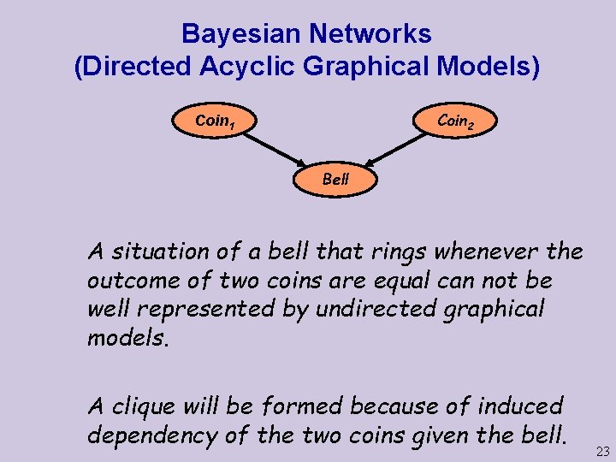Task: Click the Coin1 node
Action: (215, 121)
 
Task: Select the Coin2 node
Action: (453, 121)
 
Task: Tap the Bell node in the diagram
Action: (335, 179)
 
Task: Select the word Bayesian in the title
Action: (241, 34)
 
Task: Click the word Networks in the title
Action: (370, 34)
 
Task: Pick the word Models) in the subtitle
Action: (490, 66)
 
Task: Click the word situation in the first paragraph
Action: (160, 252)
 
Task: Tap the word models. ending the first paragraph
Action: (128, 338)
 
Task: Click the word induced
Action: (518, 406)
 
